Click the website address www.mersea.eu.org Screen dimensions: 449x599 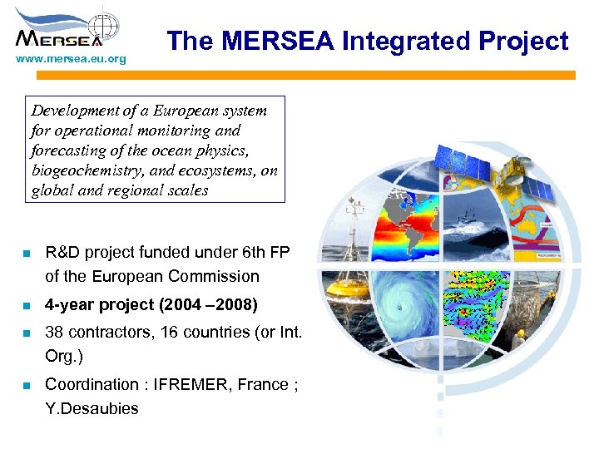(71, 59)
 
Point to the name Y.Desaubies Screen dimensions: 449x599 (92, 408)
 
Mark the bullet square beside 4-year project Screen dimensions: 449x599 (26, 305)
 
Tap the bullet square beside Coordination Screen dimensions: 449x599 (26, 385)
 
